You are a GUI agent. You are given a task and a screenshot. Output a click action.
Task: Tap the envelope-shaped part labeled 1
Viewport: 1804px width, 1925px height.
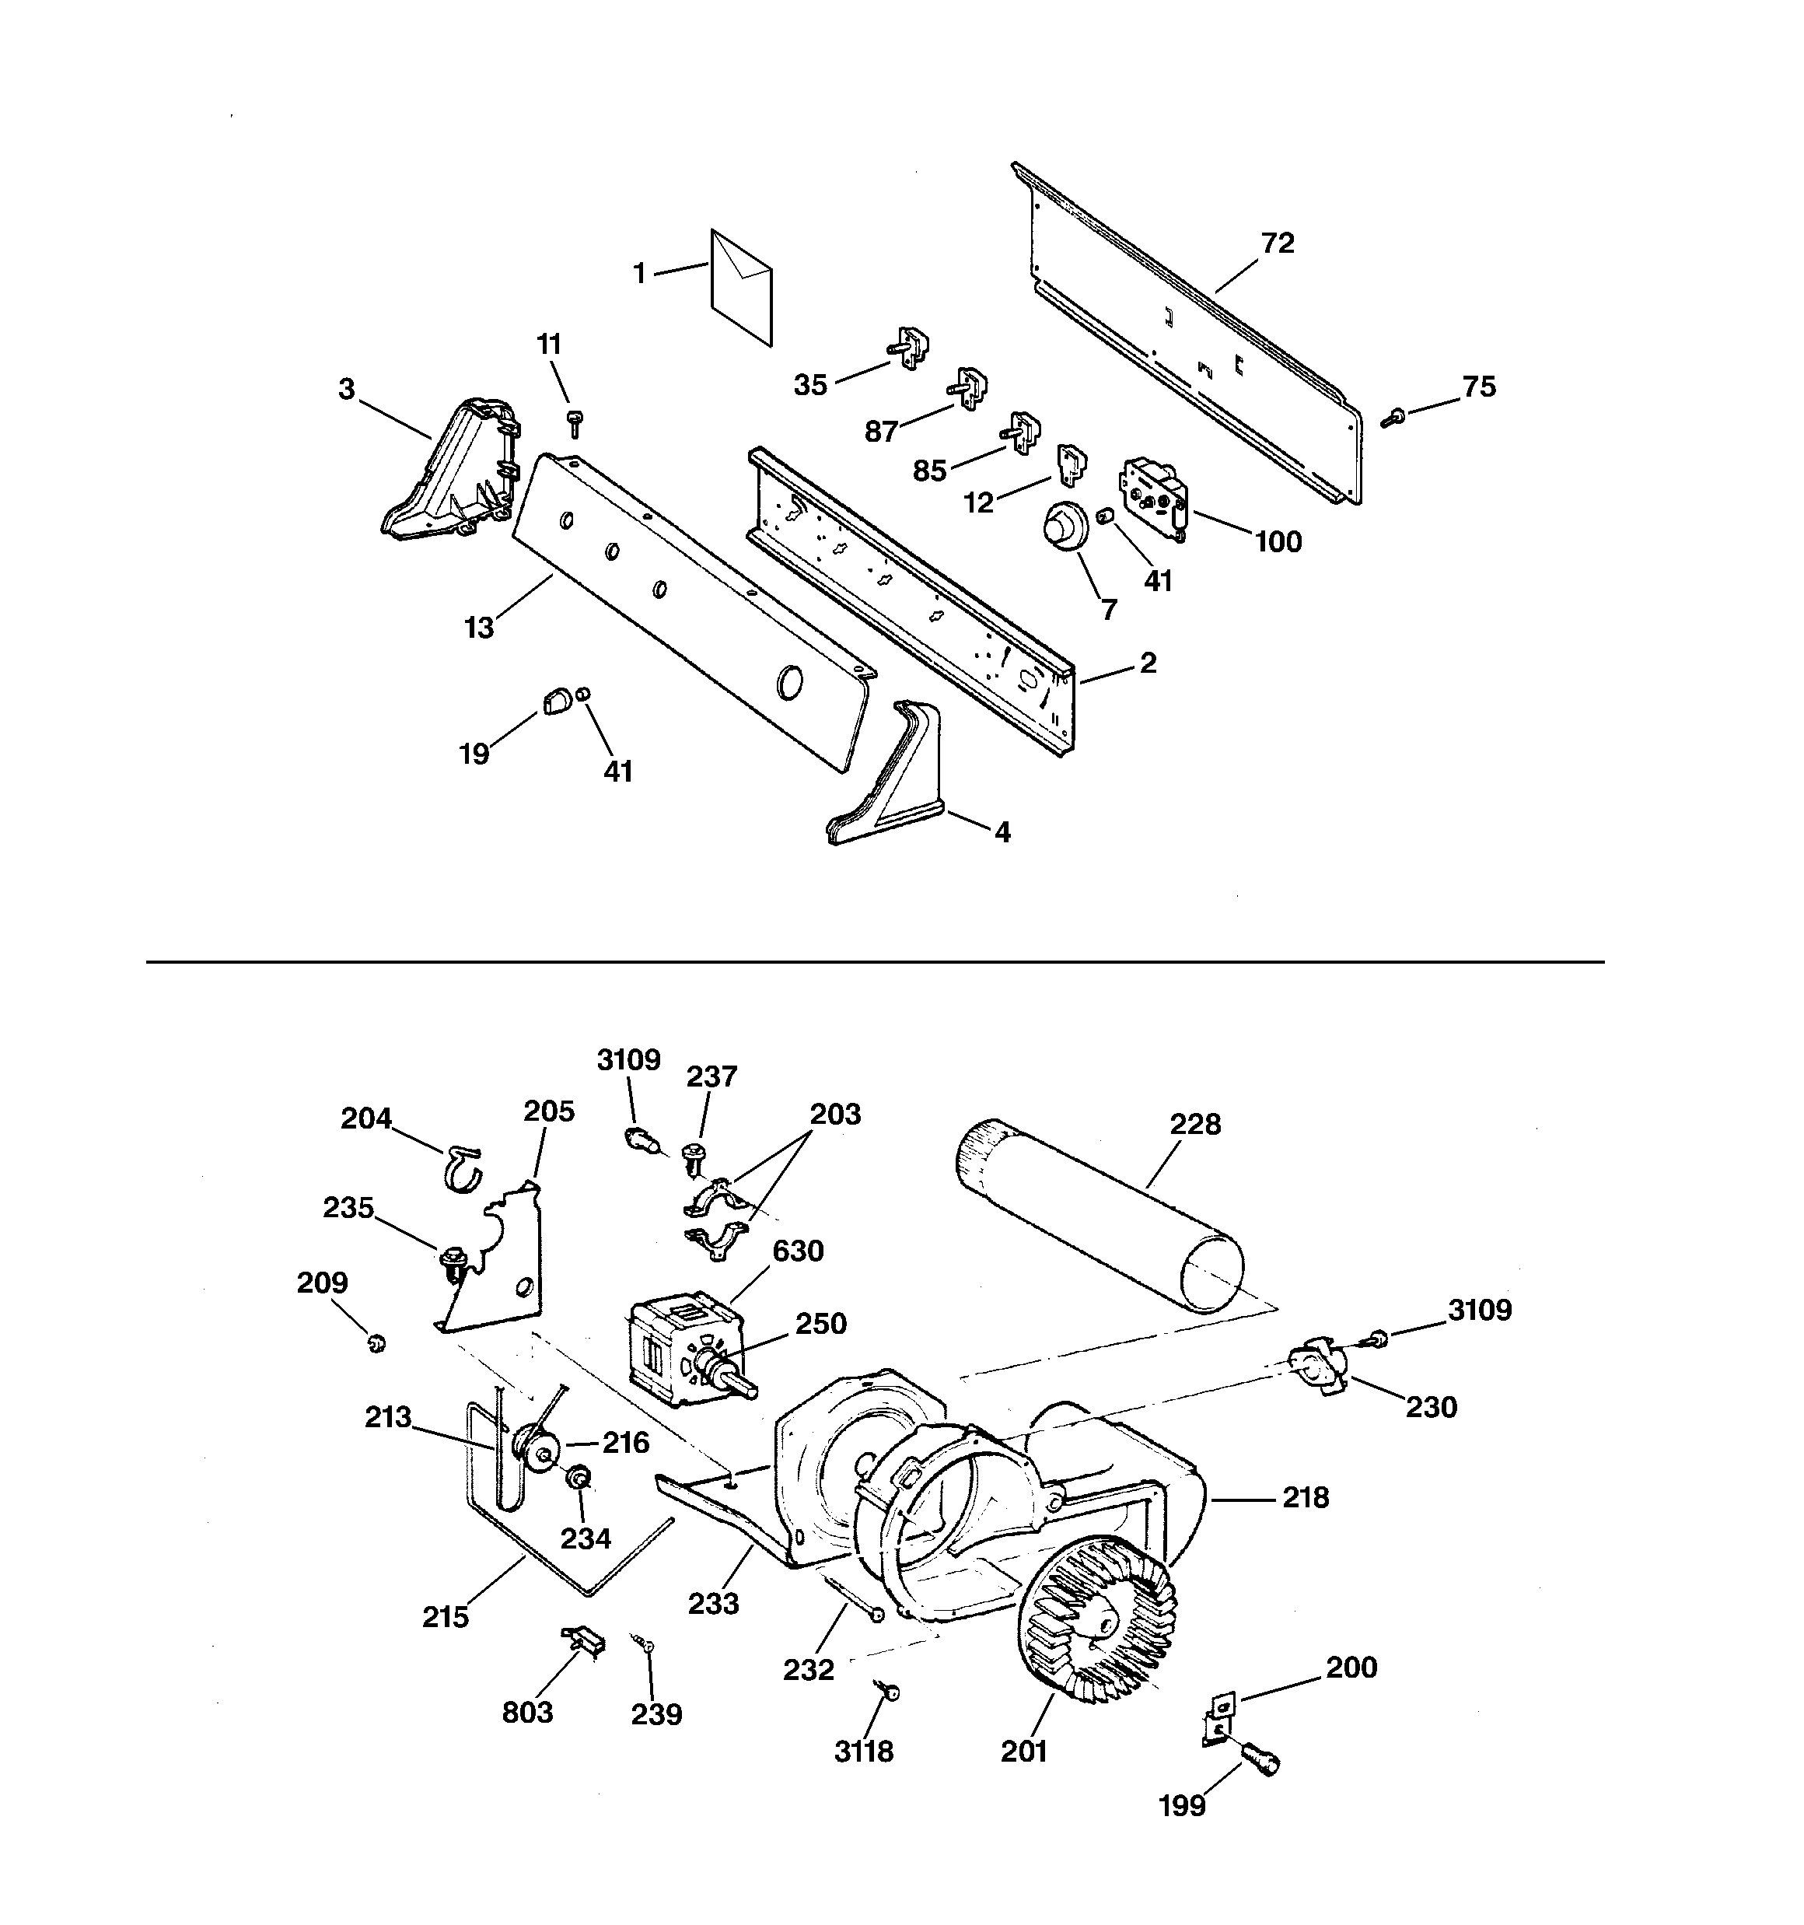point(741,287)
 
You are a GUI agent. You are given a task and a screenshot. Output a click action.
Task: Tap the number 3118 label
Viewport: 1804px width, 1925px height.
point(864,1752)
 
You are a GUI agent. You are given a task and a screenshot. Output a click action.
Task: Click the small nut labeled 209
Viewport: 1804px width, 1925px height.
point(376,1343)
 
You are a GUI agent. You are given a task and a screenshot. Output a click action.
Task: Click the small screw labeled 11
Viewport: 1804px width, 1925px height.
point(575,422)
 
